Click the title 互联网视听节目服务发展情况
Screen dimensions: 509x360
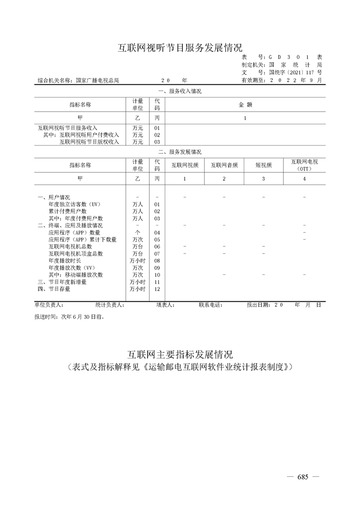click(180, 47)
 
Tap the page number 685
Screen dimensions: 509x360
click(303, 477)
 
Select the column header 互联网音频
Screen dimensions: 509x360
click(224, 165)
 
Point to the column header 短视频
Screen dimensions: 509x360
click(264, 165)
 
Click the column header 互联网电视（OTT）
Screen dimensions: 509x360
click(304, 165)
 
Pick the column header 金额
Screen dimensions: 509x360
click(246, 105)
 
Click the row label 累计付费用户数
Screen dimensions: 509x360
click(68, 211)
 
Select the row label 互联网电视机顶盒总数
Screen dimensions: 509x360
click(76, 254)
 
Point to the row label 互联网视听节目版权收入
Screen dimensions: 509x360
click(89, 142)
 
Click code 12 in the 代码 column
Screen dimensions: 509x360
click(157, 289)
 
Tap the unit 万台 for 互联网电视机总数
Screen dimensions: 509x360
click(138, 247)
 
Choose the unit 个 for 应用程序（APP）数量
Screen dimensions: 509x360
click(138, 233)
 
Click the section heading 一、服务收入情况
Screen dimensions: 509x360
click(180, 91)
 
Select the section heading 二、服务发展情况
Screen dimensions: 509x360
click(180, 152)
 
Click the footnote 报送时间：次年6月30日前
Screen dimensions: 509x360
click(69, 318)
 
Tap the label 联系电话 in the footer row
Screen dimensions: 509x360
click(211, 305)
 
